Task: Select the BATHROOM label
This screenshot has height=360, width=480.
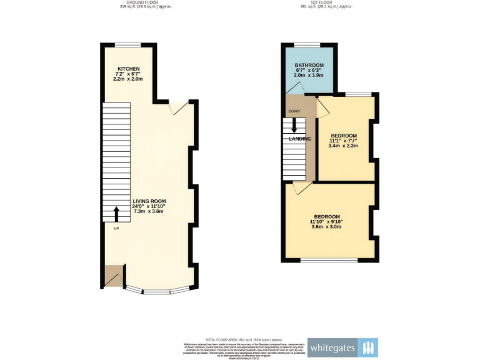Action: (310, 66)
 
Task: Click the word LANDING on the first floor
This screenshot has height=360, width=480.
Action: (300, 139)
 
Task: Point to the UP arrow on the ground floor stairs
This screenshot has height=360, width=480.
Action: (116, 213)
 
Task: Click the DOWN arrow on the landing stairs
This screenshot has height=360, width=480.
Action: (294, 124)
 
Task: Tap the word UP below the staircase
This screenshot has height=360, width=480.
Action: (116, 228)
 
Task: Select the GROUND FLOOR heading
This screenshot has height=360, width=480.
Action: (145, 2)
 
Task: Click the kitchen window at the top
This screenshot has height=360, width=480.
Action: (127, 44)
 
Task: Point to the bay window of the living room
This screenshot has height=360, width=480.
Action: (157, 289)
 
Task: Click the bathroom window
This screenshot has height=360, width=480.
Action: (307, 44)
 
